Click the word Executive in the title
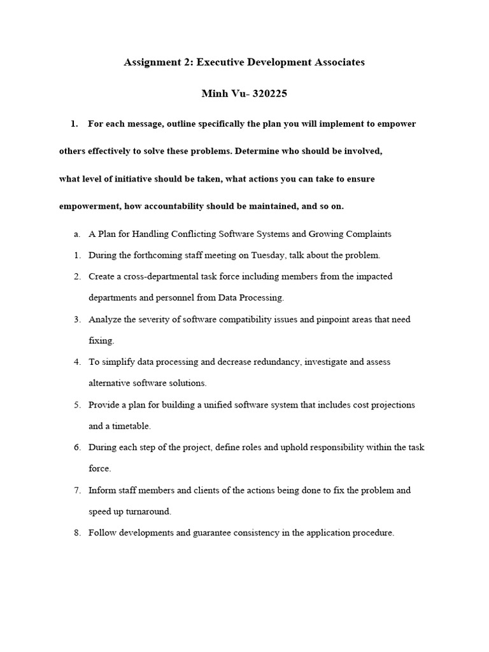(224, 63)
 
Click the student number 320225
(270, 94)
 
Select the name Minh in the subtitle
(215, 94)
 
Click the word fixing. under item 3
(101, 341)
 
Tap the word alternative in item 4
(110, 383)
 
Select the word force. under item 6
(99, 469)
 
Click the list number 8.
(76, 533)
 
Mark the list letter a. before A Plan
(76, 234)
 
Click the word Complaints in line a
(369, 234)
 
